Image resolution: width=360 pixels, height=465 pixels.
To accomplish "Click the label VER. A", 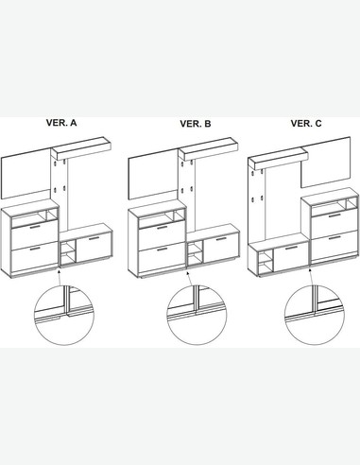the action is click(x=61, y=123).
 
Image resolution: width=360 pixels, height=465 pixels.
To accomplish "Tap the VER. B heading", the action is click(x=196, y=124).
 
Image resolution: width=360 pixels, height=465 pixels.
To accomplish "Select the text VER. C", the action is click(x=306, y=124).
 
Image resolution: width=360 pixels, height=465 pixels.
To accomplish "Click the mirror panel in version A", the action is click(x=26, y=174).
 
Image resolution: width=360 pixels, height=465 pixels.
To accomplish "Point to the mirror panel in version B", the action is click(x=154, y=175).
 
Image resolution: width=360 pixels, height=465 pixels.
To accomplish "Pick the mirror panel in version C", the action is click(x=326, y=163).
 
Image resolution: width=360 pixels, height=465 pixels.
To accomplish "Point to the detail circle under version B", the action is click(x=197, y=316).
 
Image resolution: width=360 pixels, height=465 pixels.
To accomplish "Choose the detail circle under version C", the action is click(x=315, y=316).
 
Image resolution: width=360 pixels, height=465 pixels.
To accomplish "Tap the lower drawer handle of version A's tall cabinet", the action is click(x=35, y=249).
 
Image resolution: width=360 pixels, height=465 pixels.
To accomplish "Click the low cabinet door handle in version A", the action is click(x=94, y=238).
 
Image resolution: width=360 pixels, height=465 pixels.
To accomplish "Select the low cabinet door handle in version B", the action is click(x=221, y=239).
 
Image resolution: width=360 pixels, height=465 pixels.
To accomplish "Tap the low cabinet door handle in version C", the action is click(x=290, y=248).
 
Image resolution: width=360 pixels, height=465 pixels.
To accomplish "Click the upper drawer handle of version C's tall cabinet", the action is click(x=334, y=215).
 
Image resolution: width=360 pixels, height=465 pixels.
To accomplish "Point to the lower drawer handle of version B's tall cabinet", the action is click(x=163, y=250).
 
